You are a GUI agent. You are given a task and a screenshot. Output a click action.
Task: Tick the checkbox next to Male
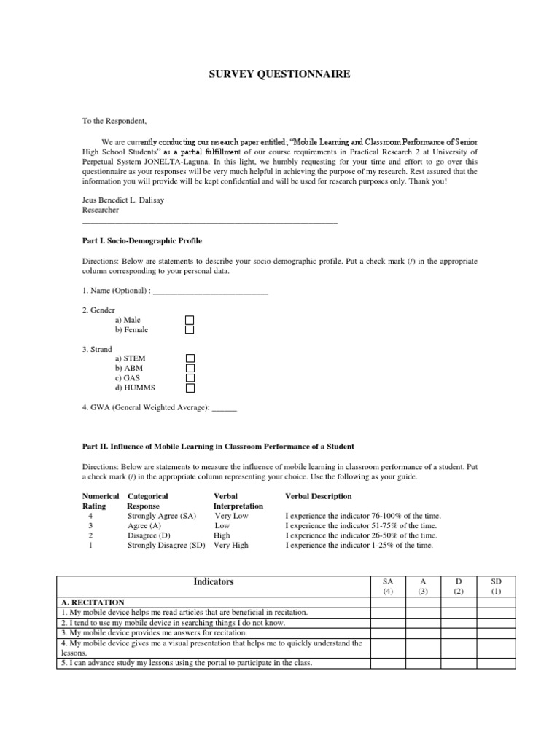point(190,320)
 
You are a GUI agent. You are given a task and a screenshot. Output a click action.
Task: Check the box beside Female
point(190,329)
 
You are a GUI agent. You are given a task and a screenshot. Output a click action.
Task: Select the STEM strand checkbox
point(190,358)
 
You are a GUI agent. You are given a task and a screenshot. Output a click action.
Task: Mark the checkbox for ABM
point(190,368)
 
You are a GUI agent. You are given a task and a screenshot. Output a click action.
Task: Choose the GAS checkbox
point(190,378)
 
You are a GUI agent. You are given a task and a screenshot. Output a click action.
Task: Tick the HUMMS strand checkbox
point(190,388)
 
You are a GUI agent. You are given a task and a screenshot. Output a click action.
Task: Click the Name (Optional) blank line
point(211,291)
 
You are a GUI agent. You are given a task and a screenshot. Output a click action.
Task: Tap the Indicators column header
point(214,582)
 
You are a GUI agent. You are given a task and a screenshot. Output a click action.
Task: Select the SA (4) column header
point(387,586)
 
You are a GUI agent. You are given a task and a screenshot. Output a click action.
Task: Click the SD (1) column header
point(497,586)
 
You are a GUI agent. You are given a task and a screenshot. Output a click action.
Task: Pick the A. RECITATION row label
point(93,602)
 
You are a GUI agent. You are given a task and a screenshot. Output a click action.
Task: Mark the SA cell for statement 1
point(387,613)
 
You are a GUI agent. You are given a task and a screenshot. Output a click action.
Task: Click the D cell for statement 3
point(459,633)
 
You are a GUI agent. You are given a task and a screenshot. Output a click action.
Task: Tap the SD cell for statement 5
point(497,662)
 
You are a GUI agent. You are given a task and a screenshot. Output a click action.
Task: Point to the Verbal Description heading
point(319,496)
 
